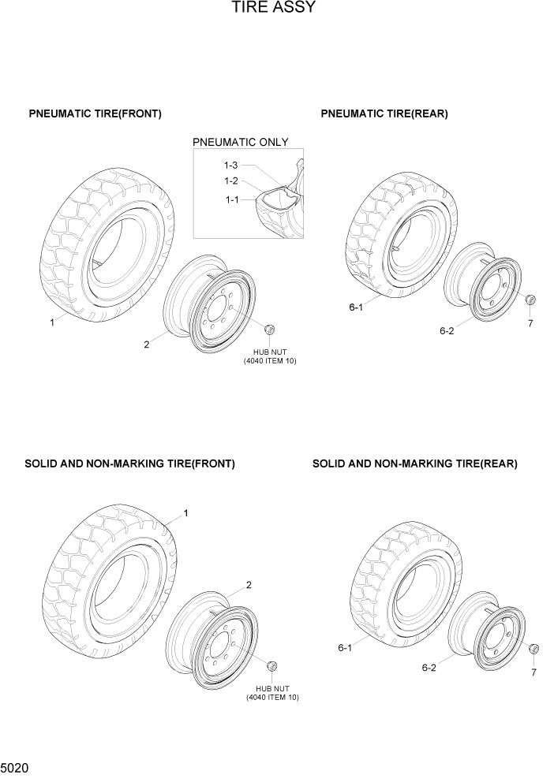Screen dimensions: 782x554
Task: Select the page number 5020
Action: (16, 766)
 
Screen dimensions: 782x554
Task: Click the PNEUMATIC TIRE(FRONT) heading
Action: (95, 114)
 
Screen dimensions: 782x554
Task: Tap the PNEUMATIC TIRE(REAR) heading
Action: (384, 114)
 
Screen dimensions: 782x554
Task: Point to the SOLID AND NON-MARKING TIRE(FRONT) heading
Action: (129, 464)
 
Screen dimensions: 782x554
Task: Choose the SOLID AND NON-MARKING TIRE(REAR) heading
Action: (415, 464)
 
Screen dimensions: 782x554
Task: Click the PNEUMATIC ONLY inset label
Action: (241, 143)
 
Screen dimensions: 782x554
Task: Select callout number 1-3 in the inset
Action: (230, 166)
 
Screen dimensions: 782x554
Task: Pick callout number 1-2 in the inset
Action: (230, 181)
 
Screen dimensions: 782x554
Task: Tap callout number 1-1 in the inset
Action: (231, 200)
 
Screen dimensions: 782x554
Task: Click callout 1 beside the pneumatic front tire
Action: (52, 322)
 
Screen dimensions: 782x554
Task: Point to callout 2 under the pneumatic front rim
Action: (147, 344)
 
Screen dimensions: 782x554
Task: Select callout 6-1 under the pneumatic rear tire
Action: (356, 307)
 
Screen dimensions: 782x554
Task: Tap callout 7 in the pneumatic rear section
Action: (530, 323)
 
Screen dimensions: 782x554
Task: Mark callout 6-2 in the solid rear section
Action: (429, 668)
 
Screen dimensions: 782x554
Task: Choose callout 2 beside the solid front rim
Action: (249, 585)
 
